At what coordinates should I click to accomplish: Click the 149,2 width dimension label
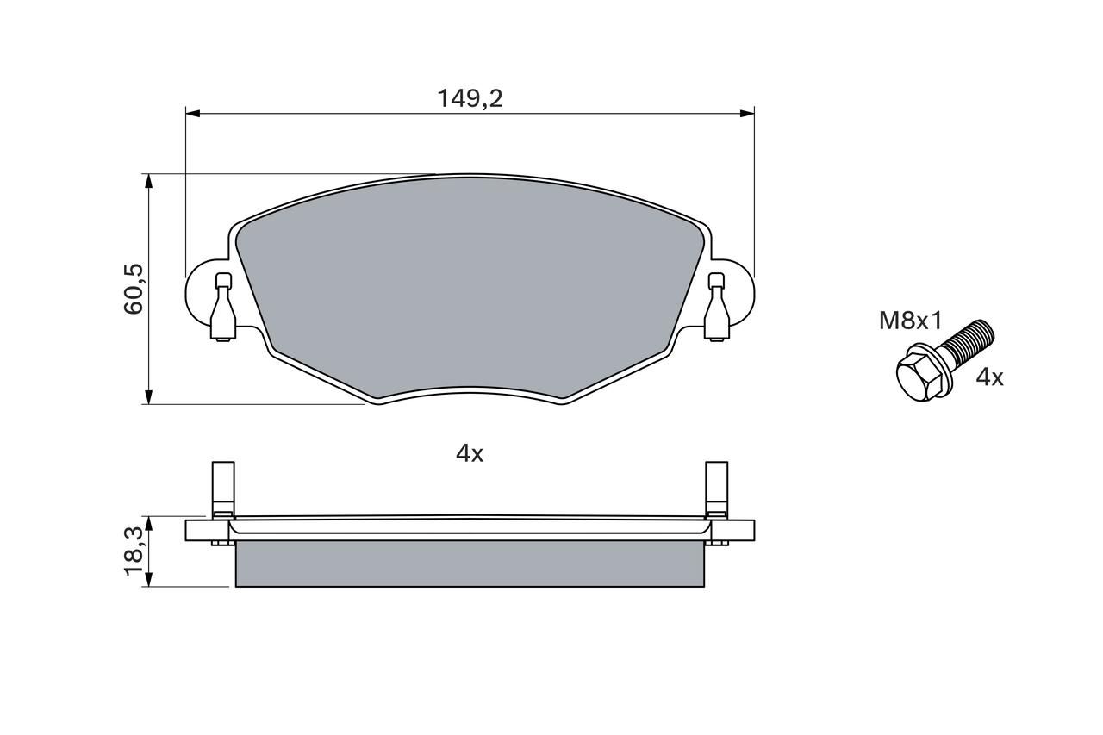coord(470,98)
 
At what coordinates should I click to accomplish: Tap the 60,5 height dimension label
coord(134,289)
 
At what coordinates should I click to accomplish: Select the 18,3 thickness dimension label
coord(134,551)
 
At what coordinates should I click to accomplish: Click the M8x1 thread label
coord(911,321)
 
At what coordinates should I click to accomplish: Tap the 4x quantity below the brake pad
coord(470,453)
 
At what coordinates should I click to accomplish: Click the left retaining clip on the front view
coord(223,308)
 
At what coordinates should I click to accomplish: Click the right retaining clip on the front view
coord(716,308)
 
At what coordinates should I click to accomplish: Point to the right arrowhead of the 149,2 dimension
coord(747,112)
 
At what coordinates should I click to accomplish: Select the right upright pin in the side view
coord(716,487)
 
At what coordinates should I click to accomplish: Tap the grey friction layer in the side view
coord(470,564)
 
